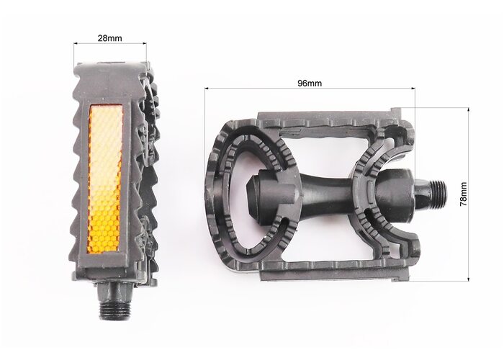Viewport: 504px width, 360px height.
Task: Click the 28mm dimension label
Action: (x=110, y=38)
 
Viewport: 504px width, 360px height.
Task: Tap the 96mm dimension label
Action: (x=310, y=84)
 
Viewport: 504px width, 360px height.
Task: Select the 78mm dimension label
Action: (x=464, y=194)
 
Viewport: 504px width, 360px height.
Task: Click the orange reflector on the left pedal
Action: (x=105, y=179)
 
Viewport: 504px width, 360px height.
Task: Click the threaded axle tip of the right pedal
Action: (x=438, y=194)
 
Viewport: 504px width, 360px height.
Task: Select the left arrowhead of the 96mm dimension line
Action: (x=207, y=87)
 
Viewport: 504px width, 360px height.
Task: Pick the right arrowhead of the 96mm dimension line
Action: (x=413, y=87)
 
